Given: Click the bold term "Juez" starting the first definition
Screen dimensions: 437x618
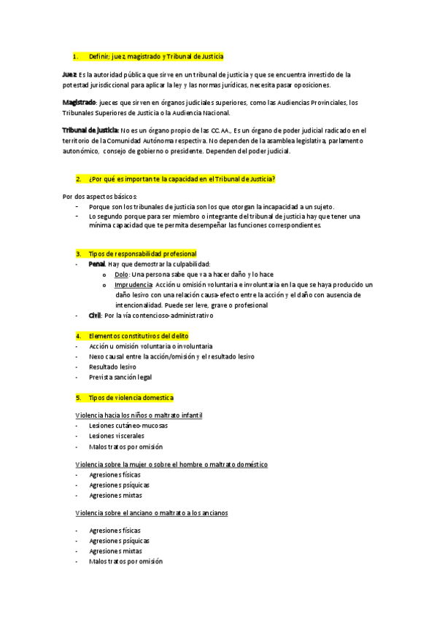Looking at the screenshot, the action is click(69, 74).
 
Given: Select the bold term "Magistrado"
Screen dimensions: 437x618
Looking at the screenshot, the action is click(80, 103).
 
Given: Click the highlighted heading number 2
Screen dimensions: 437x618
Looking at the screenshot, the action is click(78, 179).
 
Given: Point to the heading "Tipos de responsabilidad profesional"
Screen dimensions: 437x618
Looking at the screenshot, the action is click(137, 254).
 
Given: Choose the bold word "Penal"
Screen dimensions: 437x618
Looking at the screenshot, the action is click(97, 264).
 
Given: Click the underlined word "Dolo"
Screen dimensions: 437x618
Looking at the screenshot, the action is click(122, 274).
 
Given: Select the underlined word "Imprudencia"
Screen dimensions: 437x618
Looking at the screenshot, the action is click(134, 284).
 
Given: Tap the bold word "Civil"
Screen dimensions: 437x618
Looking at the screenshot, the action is click(95, 316).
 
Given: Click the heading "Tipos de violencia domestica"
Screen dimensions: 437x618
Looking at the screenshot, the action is click(131, 398).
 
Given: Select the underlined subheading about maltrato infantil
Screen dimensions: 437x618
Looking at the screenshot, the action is click(139, 415).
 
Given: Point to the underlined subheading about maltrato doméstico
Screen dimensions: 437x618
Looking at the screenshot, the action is click(171, 464).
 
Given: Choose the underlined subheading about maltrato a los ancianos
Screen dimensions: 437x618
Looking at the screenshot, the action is click(152, 513).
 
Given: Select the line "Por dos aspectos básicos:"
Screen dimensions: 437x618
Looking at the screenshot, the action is click(100, 197).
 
